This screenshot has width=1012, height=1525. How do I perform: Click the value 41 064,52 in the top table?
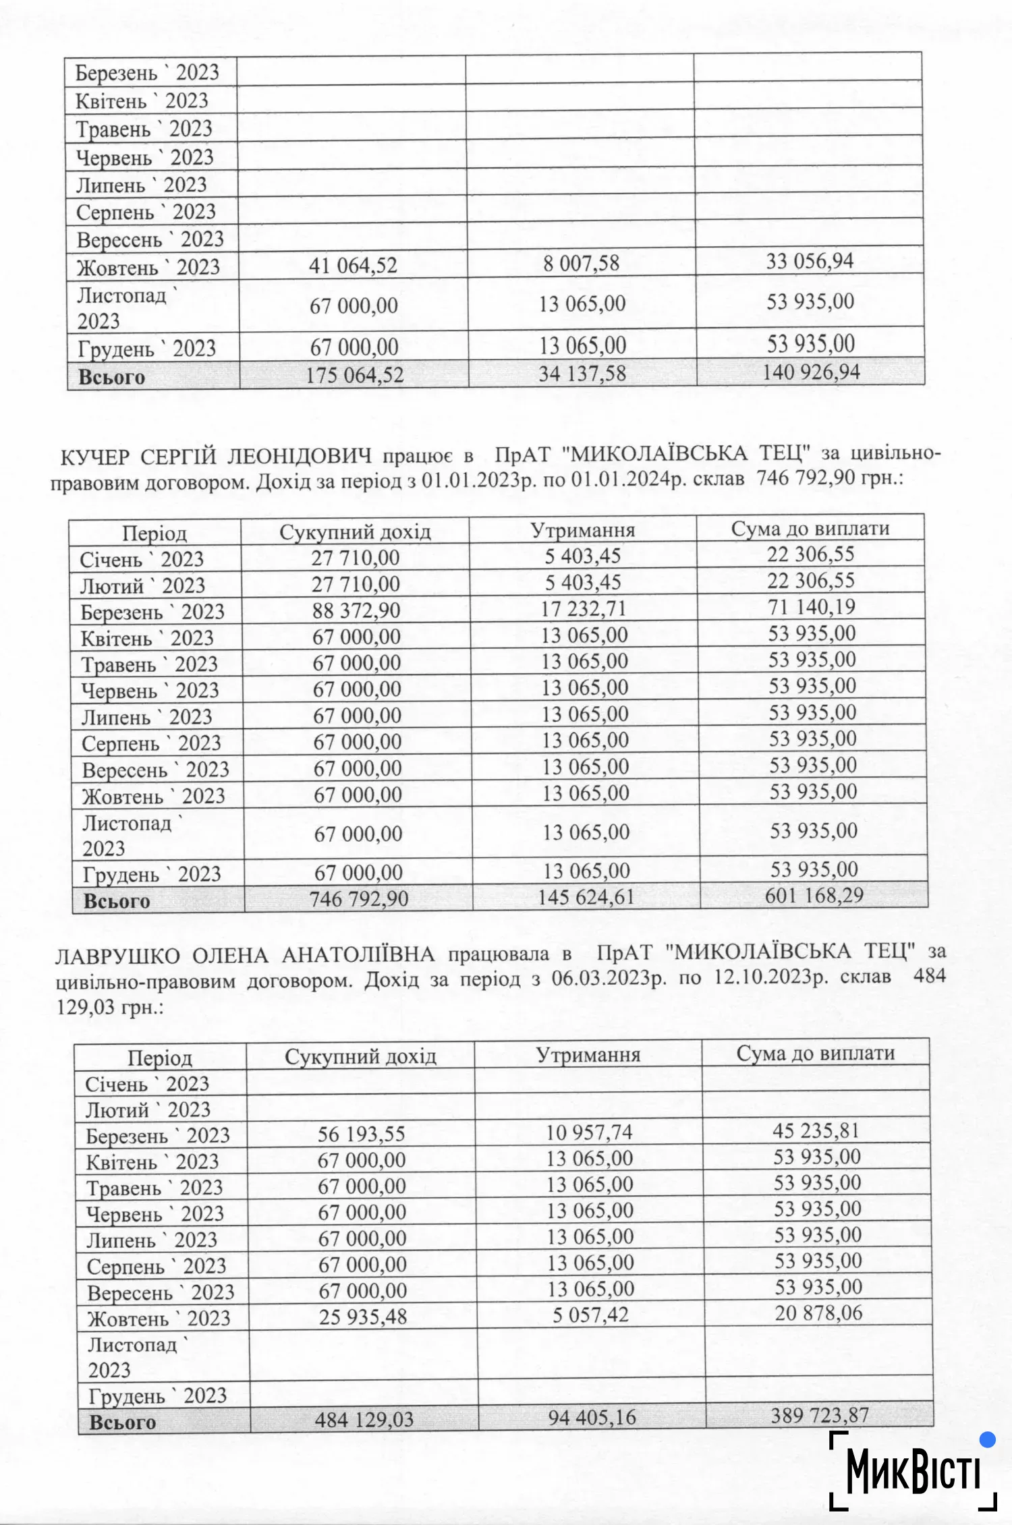[353, 265]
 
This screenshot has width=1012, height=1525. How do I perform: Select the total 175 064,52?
[354, 374]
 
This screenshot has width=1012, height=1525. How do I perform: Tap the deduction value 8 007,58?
[581, 263]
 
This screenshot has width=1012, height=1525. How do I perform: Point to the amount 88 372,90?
[356, 610]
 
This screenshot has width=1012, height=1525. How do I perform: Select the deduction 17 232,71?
[584, 608]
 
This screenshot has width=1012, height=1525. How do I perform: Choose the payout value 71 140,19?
[812, 607]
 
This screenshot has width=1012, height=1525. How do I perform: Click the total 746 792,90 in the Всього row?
[359, 898]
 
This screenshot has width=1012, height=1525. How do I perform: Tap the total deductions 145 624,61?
[586, 897]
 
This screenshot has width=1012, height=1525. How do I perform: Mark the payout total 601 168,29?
[814, 895]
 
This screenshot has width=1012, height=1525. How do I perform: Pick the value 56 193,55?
[361, 1134]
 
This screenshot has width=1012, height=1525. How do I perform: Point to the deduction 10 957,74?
[589, 1132]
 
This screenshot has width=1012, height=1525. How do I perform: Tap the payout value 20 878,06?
[818, 1313]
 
